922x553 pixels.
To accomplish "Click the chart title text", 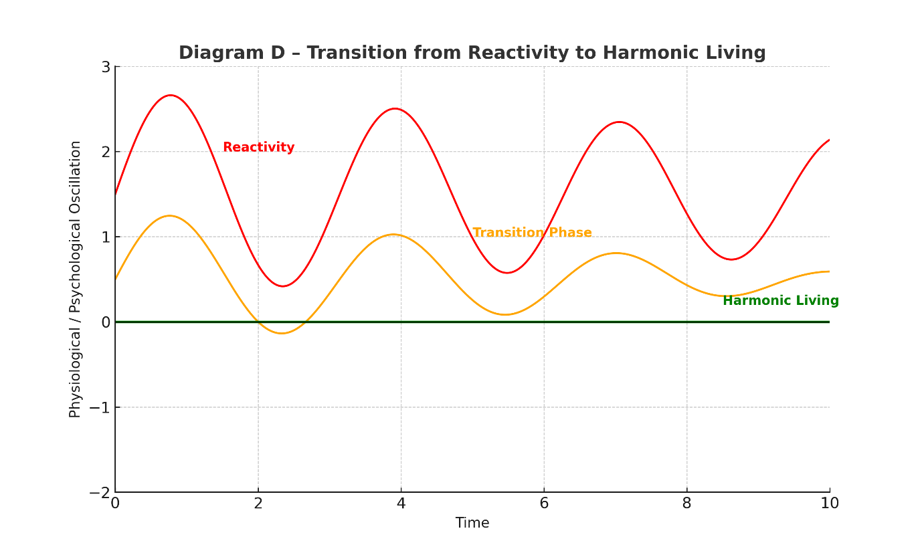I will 472,53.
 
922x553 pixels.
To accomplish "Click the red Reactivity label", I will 258,147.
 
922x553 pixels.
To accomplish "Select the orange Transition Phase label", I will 532,233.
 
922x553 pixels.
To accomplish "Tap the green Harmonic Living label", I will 780,301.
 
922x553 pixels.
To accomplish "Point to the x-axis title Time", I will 472,523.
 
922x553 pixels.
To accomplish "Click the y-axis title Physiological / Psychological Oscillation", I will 75,280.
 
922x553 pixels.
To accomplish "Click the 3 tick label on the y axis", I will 106,67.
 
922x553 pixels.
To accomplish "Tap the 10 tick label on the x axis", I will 829,504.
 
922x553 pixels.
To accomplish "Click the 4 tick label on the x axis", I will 401,504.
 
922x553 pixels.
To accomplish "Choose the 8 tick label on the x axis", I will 686,504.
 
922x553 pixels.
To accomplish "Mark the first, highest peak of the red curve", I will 171,96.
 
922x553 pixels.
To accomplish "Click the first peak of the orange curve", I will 170,215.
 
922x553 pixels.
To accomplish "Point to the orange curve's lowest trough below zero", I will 282,333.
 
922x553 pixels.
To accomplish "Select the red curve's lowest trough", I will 283,286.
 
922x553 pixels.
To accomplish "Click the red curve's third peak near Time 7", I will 619,122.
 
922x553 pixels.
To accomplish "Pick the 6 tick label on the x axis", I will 544,504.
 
